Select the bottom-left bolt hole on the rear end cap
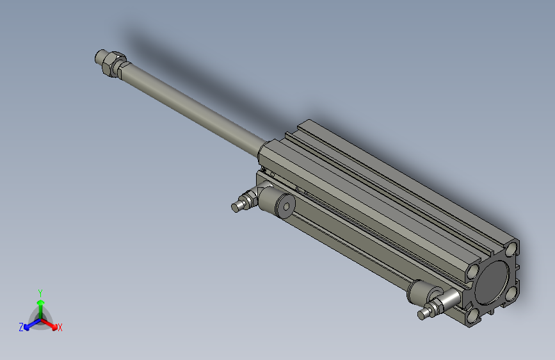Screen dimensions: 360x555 coord(474,315)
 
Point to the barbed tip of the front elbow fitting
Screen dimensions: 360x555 coord(237,206)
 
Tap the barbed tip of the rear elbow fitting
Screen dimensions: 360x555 coord(424,313)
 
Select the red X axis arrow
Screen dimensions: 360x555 coord(52,324)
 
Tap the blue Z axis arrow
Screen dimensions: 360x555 coord(28,325)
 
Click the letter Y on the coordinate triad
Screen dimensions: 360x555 coord(40,292)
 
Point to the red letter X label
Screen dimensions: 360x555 coord(60,328)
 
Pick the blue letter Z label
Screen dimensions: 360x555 coord(21,327)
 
